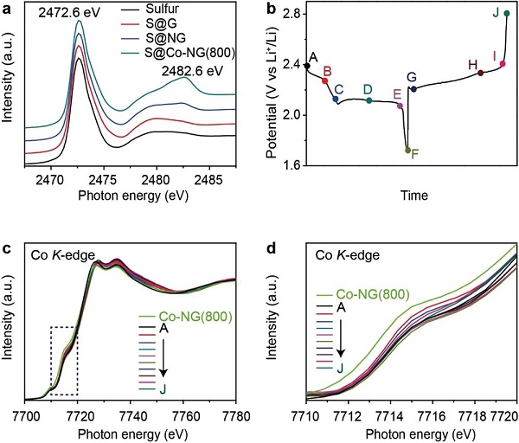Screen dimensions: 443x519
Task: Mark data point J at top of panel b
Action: point(507,14)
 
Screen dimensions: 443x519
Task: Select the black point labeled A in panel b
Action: point(307,66)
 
